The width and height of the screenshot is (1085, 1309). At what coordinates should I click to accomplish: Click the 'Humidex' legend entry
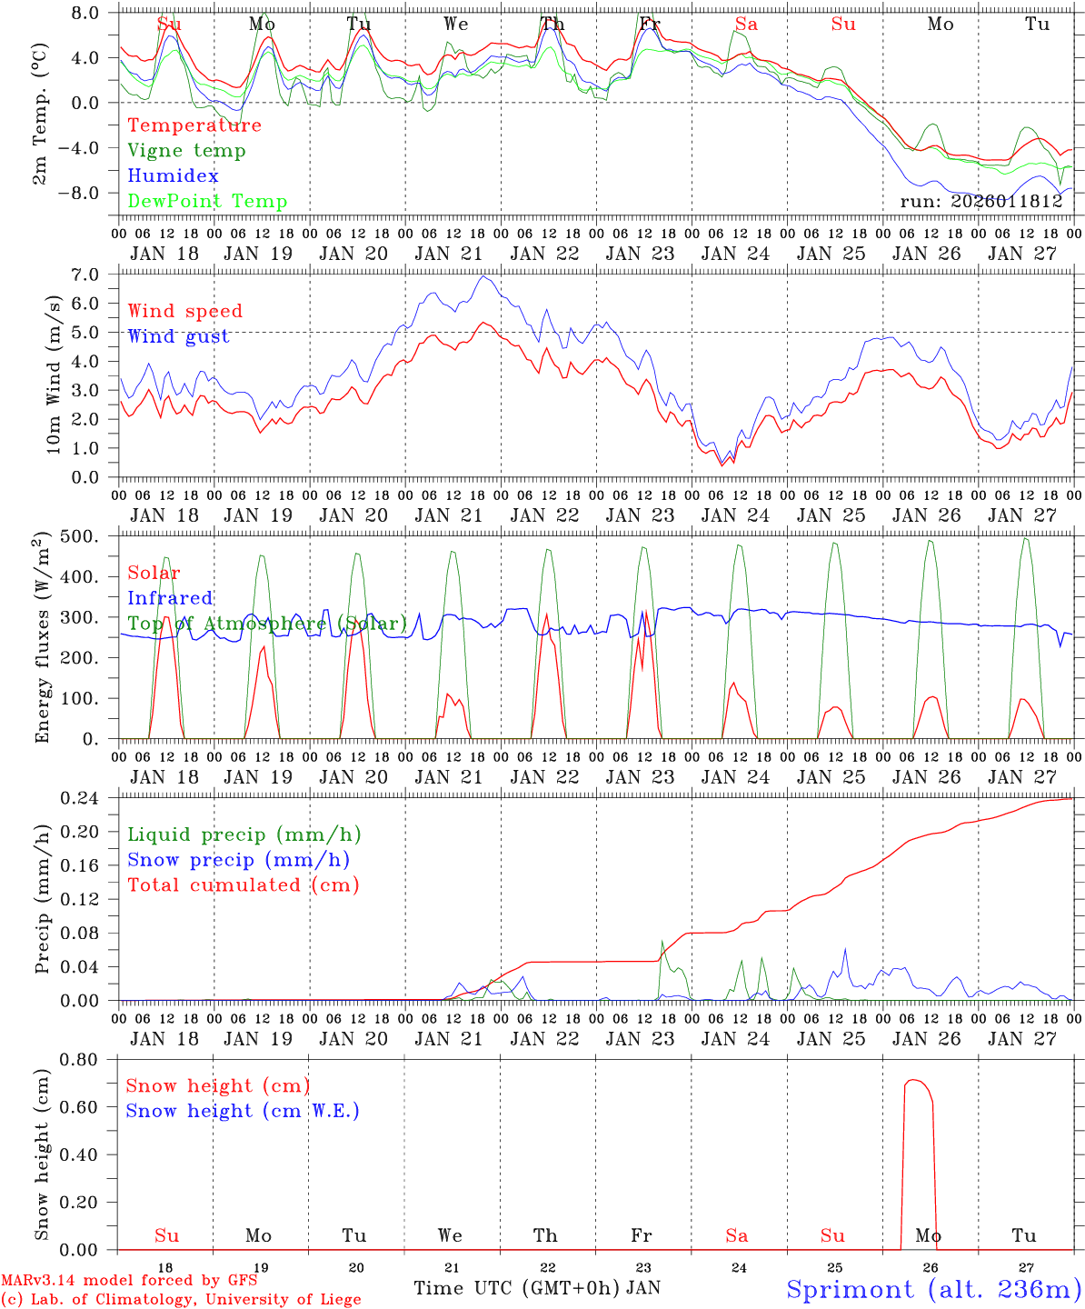click(x=173, y=176)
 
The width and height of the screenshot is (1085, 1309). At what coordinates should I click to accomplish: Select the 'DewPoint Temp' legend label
click(x=207, y=202)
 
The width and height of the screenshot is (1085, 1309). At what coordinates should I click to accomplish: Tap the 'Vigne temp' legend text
click(x=186, y=151)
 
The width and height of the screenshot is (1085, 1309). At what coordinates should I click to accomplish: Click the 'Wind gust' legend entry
click(x=178, y=336)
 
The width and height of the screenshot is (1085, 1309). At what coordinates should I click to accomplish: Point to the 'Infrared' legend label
click(x=170, y=598)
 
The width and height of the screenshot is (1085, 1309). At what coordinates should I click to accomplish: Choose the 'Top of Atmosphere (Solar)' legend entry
click(x=267, y=624)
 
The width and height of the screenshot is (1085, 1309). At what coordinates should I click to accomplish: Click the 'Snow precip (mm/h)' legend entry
click(x=238, y=860)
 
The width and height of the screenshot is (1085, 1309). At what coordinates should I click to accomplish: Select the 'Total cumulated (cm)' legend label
click(x=243, y=885)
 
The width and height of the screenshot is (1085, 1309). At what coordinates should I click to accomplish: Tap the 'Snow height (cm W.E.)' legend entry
click(x=242, y=1111)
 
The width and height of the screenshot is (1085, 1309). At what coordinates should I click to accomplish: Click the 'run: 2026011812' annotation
click(x=980, y=202)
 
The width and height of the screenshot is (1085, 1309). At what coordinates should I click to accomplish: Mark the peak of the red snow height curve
click(x=913, y=1080)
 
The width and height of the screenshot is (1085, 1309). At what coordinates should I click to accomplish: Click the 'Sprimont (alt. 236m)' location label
click(x=933, y=1289)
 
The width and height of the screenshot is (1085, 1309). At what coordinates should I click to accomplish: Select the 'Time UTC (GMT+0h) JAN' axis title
click(x=537, y=1288)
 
